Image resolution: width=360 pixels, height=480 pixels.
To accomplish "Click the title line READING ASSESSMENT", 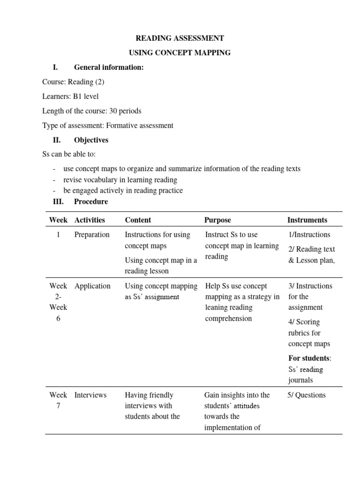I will click(x=180, y=38).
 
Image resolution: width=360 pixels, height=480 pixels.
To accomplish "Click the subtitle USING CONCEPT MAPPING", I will click(x=180, y=52).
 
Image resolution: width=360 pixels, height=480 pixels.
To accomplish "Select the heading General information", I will click(x=109, y=67).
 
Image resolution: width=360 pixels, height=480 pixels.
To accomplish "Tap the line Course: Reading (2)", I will click(x=73, y=82).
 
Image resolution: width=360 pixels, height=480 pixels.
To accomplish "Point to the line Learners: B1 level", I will click(x=70, y=97).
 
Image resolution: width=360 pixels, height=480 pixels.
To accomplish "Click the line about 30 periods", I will click(x=91, y=111).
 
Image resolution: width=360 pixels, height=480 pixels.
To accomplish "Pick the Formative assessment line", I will click(x=107, y=126).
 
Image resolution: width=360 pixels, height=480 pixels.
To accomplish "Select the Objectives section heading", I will click(x=91, y=140).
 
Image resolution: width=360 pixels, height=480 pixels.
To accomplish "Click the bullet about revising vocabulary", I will click(x=120, y=180).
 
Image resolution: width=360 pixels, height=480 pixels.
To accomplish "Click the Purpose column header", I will click(x=217, y=220).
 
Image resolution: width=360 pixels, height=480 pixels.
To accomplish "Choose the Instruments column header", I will click(x=307, y=220).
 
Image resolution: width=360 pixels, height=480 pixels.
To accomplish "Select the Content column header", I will click(x=138, y=220).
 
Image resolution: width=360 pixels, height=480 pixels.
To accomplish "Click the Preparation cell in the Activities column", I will click(x=92, y=235).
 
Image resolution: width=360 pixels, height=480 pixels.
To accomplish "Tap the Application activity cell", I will click(x=92, y=286).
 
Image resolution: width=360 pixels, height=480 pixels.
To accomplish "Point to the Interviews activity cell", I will click(x=90, y=395).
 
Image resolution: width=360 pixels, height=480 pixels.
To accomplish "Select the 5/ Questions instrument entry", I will click(x=307, y=395).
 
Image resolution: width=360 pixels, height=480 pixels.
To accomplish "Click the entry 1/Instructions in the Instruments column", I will click(x=309, y=235).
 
